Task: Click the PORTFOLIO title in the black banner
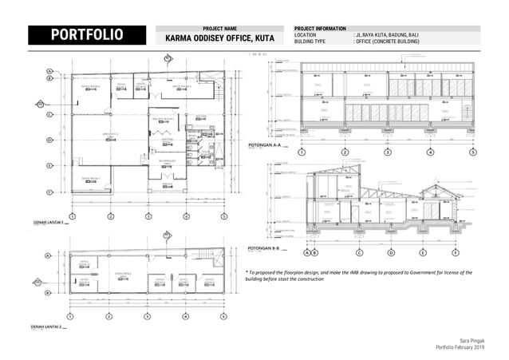(87, 35)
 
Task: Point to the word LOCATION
(306, 35)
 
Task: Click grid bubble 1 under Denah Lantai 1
(72, 216)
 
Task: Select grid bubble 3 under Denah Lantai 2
(148, 317)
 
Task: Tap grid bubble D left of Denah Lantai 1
(49, 140)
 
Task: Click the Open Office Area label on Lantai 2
(123, 272)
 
